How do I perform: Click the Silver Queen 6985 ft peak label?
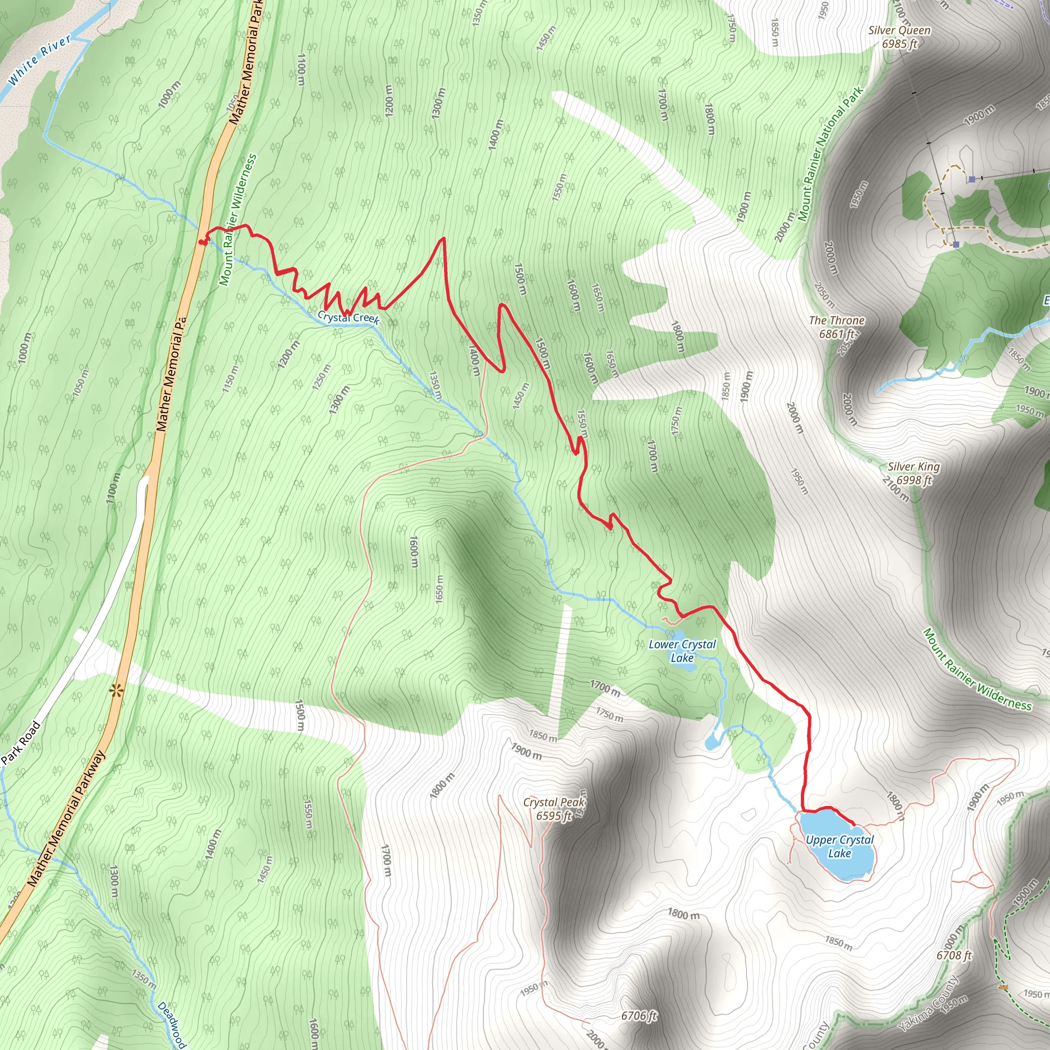pos(899,37)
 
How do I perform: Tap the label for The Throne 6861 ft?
pos(836,327)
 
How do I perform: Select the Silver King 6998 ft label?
pos(914,473)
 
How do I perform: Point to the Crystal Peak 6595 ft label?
pos(554,809)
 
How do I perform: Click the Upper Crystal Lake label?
pos(840,846)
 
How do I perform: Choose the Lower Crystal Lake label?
pos(682,651)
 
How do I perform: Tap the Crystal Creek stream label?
pos(348,317)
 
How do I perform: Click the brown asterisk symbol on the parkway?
pos(116,691)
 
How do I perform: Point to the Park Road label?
pos(21,743)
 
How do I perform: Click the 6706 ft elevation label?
pos(639,1015)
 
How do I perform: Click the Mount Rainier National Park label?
pos(832,154)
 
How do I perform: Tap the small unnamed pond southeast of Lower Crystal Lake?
pos(712,742)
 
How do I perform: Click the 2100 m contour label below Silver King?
pos(895,489)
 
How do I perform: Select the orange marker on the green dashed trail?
pos(1003,987)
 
